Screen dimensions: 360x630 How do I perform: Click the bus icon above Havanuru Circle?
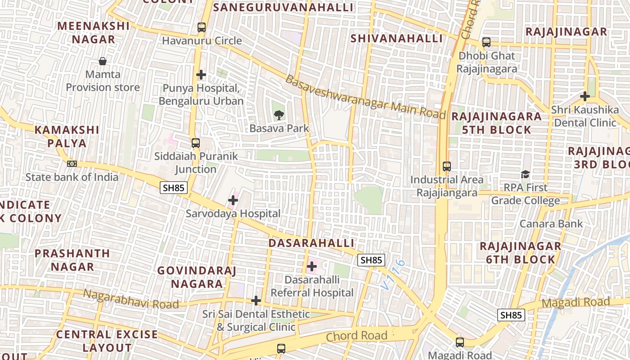(x=202, y=27)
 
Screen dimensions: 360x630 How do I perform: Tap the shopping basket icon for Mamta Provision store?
(x=103, y=61)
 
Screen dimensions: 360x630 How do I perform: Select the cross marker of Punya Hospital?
(x=201, y=75)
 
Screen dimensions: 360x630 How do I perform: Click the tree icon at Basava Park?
(x=279, y=115)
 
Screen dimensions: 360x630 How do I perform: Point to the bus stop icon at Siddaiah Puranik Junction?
(x=195, y=143)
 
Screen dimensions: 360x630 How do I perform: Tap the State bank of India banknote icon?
(x=72, y=163)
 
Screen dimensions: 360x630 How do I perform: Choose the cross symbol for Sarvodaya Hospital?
(x=233, y=200)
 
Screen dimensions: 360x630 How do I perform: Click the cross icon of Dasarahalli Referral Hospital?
(x=311, y=266)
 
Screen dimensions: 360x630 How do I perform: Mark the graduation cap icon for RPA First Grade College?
(x=525, y=174)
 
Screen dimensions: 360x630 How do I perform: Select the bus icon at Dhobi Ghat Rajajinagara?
(x=486, y=42)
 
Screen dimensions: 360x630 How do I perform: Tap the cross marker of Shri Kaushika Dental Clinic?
(x=585, y=96)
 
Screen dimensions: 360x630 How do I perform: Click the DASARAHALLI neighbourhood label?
(x=311, y=243)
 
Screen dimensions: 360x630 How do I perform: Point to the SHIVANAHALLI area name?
(x=396, y=39)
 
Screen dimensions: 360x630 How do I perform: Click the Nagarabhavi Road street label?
(x=131, y=299)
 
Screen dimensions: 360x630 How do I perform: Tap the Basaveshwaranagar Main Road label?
(x=365, y=97)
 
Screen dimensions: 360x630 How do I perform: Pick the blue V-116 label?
(x=392, y=274)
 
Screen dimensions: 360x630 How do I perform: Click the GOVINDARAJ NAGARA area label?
(x=197, y=277)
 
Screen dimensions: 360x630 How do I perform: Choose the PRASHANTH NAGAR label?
(x=72, y=260)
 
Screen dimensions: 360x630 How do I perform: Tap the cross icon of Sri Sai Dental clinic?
(x=256, y=301)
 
